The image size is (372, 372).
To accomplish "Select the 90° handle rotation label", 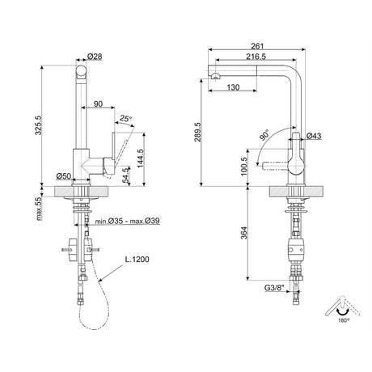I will coord(266,136).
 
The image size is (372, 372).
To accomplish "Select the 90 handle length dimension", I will coord(98,104).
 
